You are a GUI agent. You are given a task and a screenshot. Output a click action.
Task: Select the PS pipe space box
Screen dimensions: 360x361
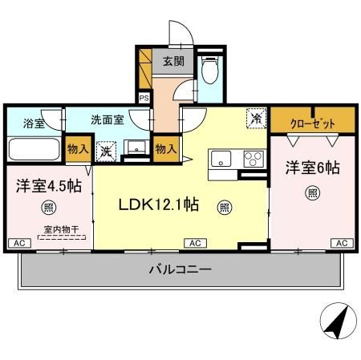click(x=144, y=98)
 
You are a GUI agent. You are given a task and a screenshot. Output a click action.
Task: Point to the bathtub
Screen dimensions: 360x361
click(x=34, y=150)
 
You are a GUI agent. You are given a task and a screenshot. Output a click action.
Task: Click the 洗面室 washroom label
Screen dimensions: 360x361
click(x=107, y=120)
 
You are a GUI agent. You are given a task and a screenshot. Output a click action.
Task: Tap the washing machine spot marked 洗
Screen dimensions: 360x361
click(x=106, y=150)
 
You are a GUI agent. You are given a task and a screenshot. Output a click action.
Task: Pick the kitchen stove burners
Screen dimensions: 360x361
click(x=254, y=158)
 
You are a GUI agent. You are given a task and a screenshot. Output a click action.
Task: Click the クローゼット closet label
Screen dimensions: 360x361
click(x=312, y=123)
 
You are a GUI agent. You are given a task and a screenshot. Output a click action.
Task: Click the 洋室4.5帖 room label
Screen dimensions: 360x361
click(x=46, y=185)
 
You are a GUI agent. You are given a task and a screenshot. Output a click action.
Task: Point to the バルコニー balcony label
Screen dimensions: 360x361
click(x=180, y=269)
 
